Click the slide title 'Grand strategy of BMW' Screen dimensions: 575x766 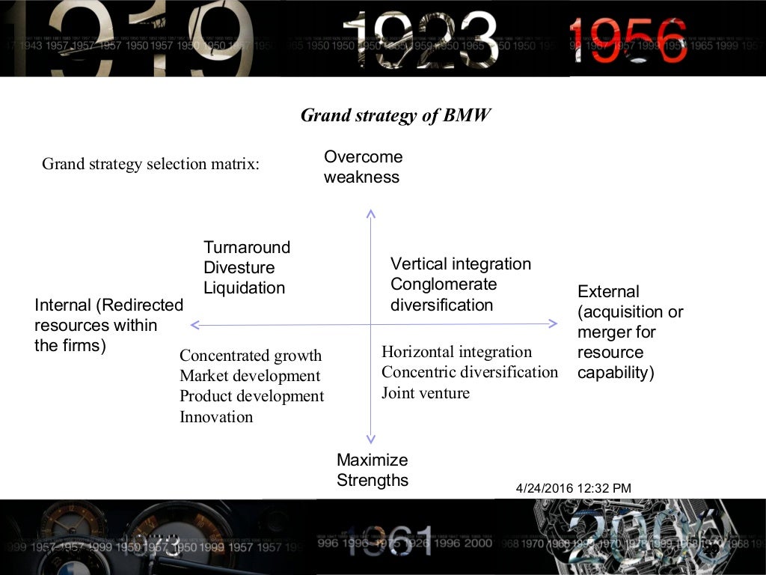(x=396, y=115)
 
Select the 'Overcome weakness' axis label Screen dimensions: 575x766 (x=363, y=167)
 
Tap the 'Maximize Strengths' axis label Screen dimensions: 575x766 (x=373, y=470)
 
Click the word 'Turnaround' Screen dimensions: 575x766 (x=247, y=247)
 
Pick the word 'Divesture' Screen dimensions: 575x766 (x=239, y=267)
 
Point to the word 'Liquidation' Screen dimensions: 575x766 (x=244, y=287)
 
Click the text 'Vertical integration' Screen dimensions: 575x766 (x=461, y=264)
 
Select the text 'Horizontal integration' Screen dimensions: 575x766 (x=456, y=352)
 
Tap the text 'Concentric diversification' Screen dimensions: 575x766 (x=470, y=372)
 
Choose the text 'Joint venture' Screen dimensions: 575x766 (x=426, y=392)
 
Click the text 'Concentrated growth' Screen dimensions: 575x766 (x=251, y=356)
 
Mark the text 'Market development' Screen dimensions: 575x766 (x=250, y=376)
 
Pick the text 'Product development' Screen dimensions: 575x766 (x=252, y=396)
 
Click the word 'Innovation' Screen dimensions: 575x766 (x=216, y=417)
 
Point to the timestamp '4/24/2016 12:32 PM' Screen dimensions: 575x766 (x=574, y=488)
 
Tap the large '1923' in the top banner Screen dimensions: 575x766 (x=423, y=37)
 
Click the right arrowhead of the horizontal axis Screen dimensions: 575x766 (x=554, y=323)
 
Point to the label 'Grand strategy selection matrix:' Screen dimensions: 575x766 (x=150, y=164)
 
